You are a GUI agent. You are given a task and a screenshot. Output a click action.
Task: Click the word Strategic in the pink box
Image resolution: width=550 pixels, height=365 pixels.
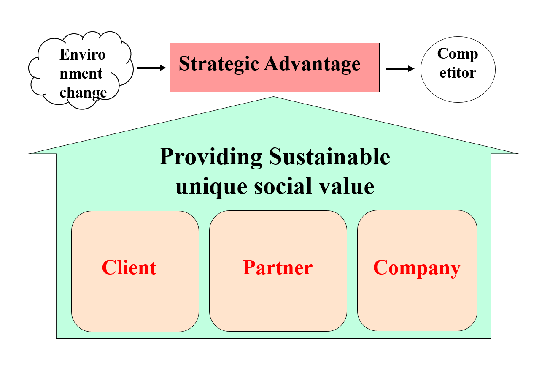pos(218,64)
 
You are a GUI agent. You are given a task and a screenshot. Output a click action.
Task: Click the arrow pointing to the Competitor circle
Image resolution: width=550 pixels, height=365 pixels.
pos(400,69)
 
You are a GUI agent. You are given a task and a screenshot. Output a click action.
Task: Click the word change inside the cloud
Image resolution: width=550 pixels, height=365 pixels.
pos(83,93)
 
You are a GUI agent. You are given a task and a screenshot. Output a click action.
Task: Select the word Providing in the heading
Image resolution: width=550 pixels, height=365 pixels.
pos(211,158)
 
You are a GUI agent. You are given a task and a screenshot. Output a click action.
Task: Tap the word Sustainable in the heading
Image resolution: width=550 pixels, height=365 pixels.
pos(329,157)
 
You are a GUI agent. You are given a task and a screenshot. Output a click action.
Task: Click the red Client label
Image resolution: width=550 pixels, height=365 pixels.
pos(129,268)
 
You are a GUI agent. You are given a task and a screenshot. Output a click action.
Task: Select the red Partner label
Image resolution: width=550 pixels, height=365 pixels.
pos(278,268)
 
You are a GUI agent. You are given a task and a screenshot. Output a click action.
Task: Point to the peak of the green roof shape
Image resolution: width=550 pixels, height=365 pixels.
pos(273,98)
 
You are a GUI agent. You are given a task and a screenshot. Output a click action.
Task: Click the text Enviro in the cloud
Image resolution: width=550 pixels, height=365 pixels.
pos(83,54)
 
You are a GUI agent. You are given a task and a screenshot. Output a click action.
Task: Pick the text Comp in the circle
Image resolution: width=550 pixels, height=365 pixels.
pos(458,54)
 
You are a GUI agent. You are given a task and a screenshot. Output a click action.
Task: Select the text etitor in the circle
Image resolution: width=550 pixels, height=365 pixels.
pos(458,73)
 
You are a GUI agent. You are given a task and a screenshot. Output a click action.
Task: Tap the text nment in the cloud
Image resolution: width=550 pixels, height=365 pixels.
pos(81,74)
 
